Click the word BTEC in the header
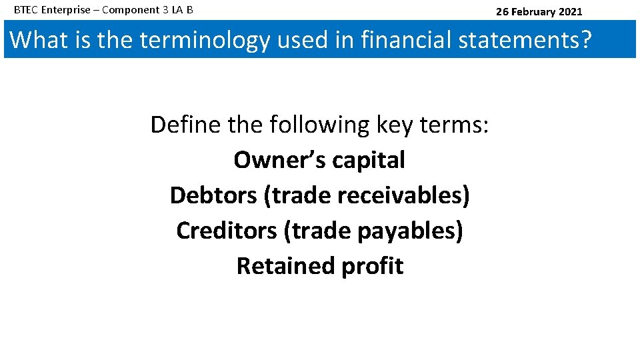point(25,11)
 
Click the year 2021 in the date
point(569,11)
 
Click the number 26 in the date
point(502,11)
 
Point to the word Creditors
point(226,231)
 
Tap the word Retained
point(285,266)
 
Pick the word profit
point(372,266)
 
